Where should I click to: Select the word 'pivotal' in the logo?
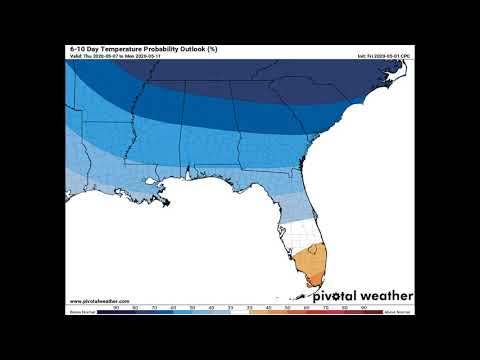pyautogui.click(x=335, y=296)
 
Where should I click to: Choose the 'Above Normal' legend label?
pyautogui.click(x=397, y=312)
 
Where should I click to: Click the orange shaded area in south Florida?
pyautogui.click(x=312, y=268)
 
